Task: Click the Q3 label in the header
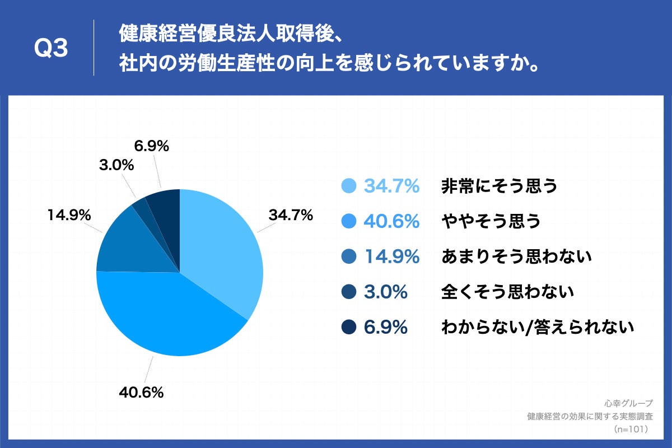click(51, 49)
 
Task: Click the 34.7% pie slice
click(224, 246)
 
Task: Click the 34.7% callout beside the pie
click(290, 214)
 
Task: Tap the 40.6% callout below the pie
click(141, 393)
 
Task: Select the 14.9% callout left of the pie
click(69, 215)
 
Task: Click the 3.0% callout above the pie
click(116, 165)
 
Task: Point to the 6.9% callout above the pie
click(151, 146)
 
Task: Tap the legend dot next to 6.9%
click(349, 327)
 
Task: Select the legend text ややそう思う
click(491, 222)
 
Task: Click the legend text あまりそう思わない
click(516, 257)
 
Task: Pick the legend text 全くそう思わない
click(508, 292)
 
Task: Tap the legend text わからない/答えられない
click(538, 327)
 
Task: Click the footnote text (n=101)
click(631, 429)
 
